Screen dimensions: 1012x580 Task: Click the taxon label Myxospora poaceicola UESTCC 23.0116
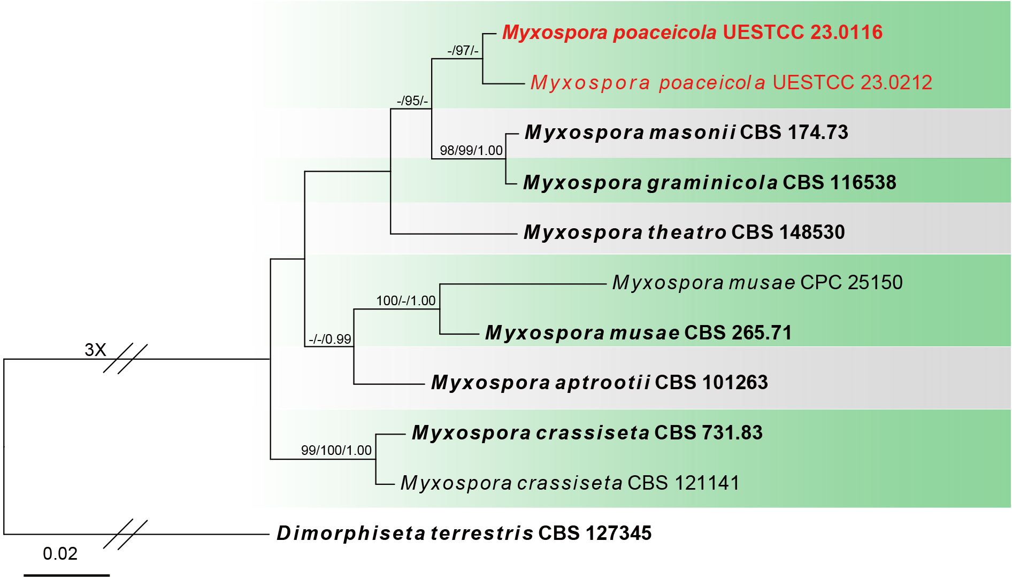(x=692, y=33)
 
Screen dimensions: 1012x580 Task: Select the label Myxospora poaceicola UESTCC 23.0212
(x=731, y=83)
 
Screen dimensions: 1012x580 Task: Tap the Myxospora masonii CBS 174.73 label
(x=686, y=133)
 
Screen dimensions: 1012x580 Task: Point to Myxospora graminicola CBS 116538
(x=709, y=183)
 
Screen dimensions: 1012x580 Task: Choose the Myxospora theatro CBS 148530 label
(x=684, y=233)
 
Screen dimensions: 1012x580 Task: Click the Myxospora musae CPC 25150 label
(x=757, y=283)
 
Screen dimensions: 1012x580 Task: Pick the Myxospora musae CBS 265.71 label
(x=638, y=333)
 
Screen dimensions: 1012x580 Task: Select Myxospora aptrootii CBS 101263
(x=600, y=383)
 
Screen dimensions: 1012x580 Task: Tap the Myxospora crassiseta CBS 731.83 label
(x=587, y=433)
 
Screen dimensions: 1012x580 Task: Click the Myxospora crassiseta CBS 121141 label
(x=570, y=483)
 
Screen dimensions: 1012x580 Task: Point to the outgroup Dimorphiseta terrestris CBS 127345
(x=464, y=533)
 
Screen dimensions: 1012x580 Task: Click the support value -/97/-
(x=463, y=51)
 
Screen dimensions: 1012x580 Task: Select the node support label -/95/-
(x=412, y=101)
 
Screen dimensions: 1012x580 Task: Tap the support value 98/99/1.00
(x=471, y=151)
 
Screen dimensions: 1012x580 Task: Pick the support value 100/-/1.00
(x=406, y=301)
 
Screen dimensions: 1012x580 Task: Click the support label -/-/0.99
(x=329, y=339)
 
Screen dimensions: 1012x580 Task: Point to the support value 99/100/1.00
(x=336, y=451)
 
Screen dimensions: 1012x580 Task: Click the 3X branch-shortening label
(x=95, y=350)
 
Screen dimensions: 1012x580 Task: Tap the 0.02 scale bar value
(x=60, y=554)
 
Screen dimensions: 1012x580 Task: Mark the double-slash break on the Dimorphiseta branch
(x=125, y=535)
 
